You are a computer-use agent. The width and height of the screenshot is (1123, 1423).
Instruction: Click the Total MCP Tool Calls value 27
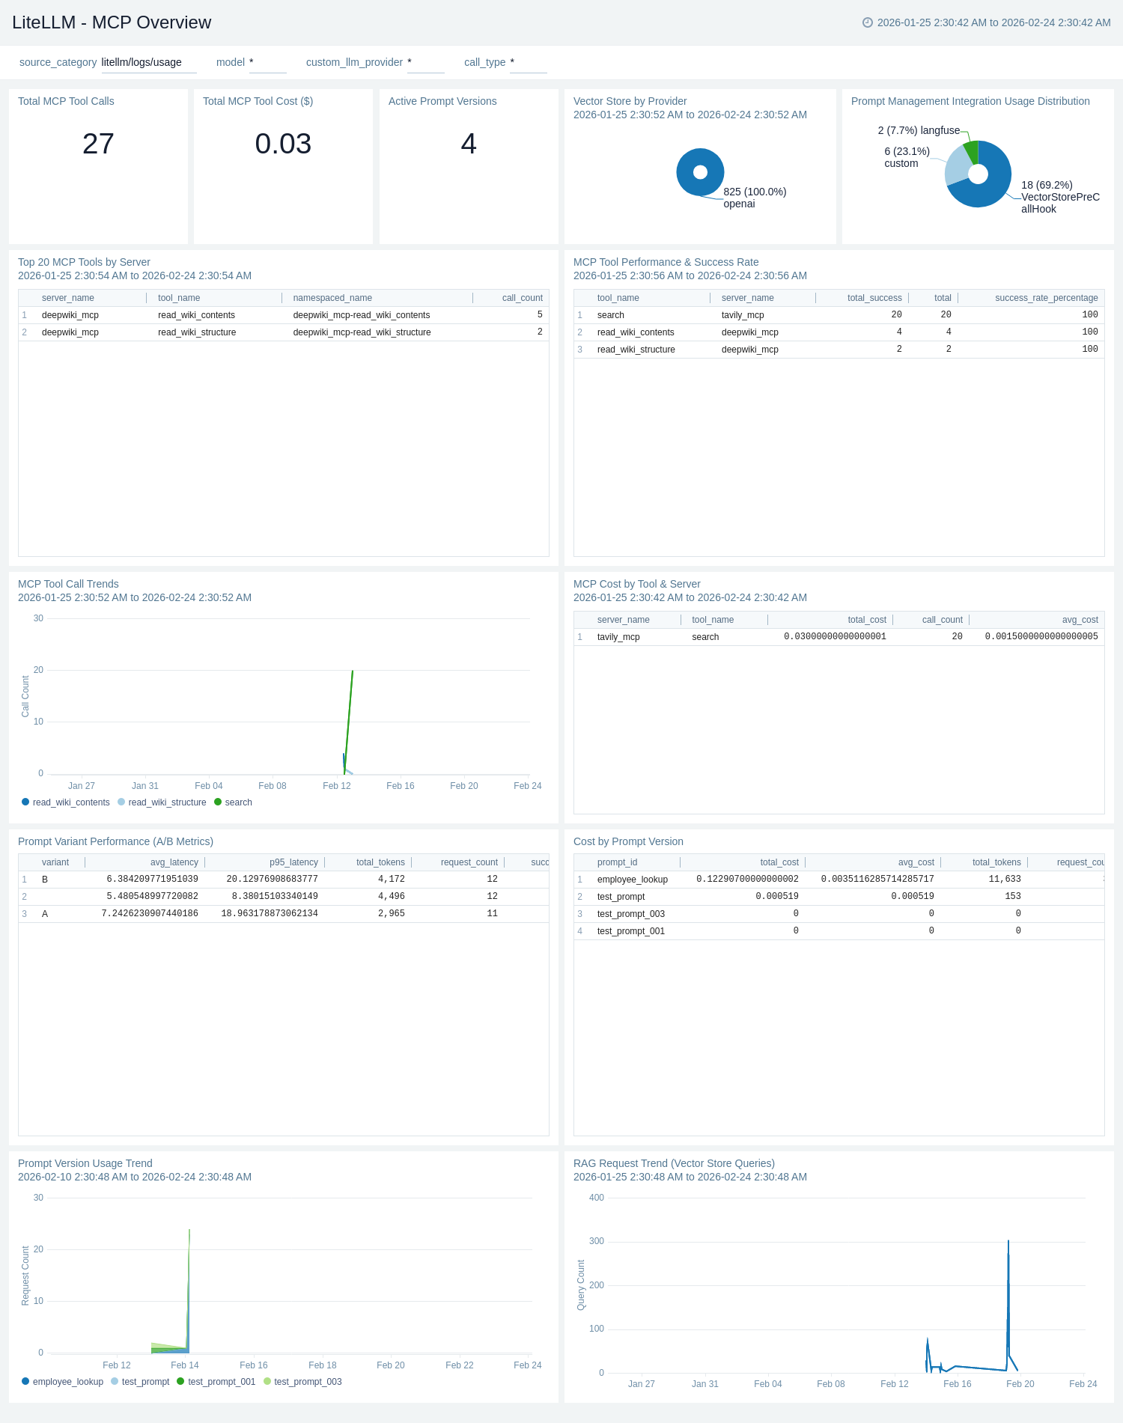(98, 144)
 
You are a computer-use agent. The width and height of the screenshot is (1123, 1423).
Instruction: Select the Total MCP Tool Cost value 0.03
(283, 144)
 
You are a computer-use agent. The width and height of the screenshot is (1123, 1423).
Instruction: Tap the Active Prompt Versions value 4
(469, 144)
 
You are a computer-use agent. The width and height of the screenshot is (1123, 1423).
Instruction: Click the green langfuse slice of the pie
(972, 151)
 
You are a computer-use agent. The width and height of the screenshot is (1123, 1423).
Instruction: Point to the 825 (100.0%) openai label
(754, 198)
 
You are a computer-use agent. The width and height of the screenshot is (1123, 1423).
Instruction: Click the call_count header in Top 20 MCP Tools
(522, 298)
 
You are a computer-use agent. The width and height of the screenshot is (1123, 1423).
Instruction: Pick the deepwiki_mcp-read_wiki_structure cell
(362, 332)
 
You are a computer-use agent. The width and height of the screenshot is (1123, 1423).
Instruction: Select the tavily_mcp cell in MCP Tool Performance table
(743, 315)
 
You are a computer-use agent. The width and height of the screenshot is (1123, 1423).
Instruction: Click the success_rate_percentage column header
(1046, 298)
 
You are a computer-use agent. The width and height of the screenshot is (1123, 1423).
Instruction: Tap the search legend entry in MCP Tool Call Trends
(237, 802)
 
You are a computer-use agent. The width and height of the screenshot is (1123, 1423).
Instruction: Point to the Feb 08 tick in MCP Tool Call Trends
(272, 786)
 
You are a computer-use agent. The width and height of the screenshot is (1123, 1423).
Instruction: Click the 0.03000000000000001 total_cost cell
(835, 637)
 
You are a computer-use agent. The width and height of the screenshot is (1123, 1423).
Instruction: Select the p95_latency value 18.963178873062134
(270, 914)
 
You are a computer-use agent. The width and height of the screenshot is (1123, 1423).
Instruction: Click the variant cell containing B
(45, 880)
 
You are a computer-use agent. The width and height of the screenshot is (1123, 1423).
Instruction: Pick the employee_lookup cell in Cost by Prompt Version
(632, 880)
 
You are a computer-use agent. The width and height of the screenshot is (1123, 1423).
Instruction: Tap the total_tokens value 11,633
(1004, 880)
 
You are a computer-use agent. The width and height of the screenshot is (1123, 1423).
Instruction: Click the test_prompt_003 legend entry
(307, 1382)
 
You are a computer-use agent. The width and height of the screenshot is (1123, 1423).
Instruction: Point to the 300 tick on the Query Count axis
(596, 1241)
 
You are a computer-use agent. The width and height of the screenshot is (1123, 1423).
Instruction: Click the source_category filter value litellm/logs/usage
(141, 62)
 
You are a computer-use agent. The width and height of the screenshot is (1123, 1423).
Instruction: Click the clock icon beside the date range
(868, 22)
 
